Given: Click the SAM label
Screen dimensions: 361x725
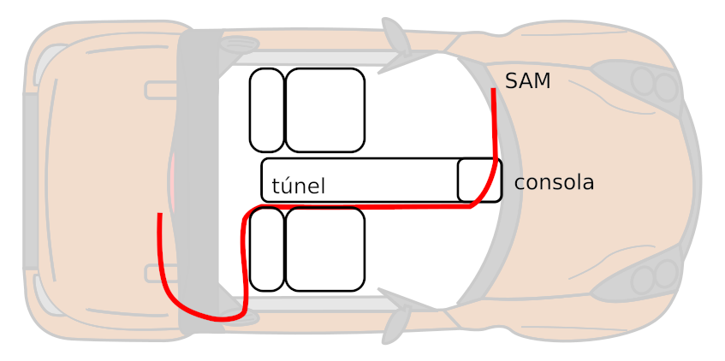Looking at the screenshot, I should tap(527, 81).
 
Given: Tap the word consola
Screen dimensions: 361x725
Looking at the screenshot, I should tap(554, 182).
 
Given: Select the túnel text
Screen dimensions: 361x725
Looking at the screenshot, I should tap(298, 186).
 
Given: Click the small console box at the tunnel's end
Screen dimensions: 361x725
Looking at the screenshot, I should tap(478, 180).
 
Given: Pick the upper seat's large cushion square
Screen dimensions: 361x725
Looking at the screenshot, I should tap(324, 110).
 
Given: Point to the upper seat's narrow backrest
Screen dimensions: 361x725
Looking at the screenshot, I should tap(266, 110).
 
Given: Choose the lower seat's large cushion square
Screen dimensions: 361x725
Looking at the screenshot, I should tap(324, 249).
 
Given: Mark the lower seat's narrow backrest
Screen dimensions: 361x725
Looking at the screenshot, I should tap(266, 249).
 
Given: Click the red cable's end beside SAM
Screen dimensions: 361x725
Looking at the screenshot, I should tap(493, 91).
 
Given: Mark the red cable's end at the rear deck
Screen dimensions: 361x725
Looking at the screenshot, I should tap(159, 216).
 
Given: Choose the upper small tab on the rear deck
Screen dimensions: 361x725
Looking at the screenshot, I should tap(160, 90).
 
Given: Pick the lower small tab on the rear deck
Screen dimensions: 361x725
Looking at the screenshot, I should tap(160, 273).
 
